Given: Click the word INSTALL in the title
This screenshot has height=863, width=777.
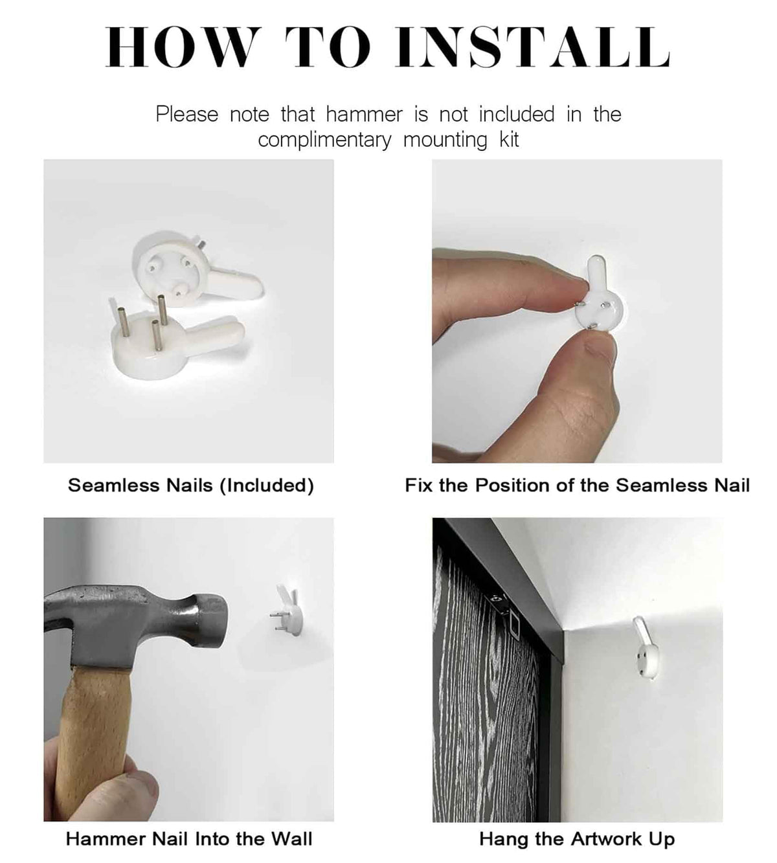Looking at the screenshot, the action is tap(532, 47).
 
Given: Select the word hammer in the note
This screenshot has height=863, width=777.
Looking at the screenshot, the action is tap(365, 115).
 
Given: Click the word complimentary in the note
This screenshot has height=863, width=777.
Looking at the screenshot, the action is tap(324, 140).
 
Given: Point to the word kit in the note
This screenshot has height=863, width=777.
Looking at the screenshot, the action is tap(509, 140).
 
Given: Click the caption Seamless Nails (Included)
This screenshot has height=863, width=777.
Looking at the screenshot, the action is tap(191, 486).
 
